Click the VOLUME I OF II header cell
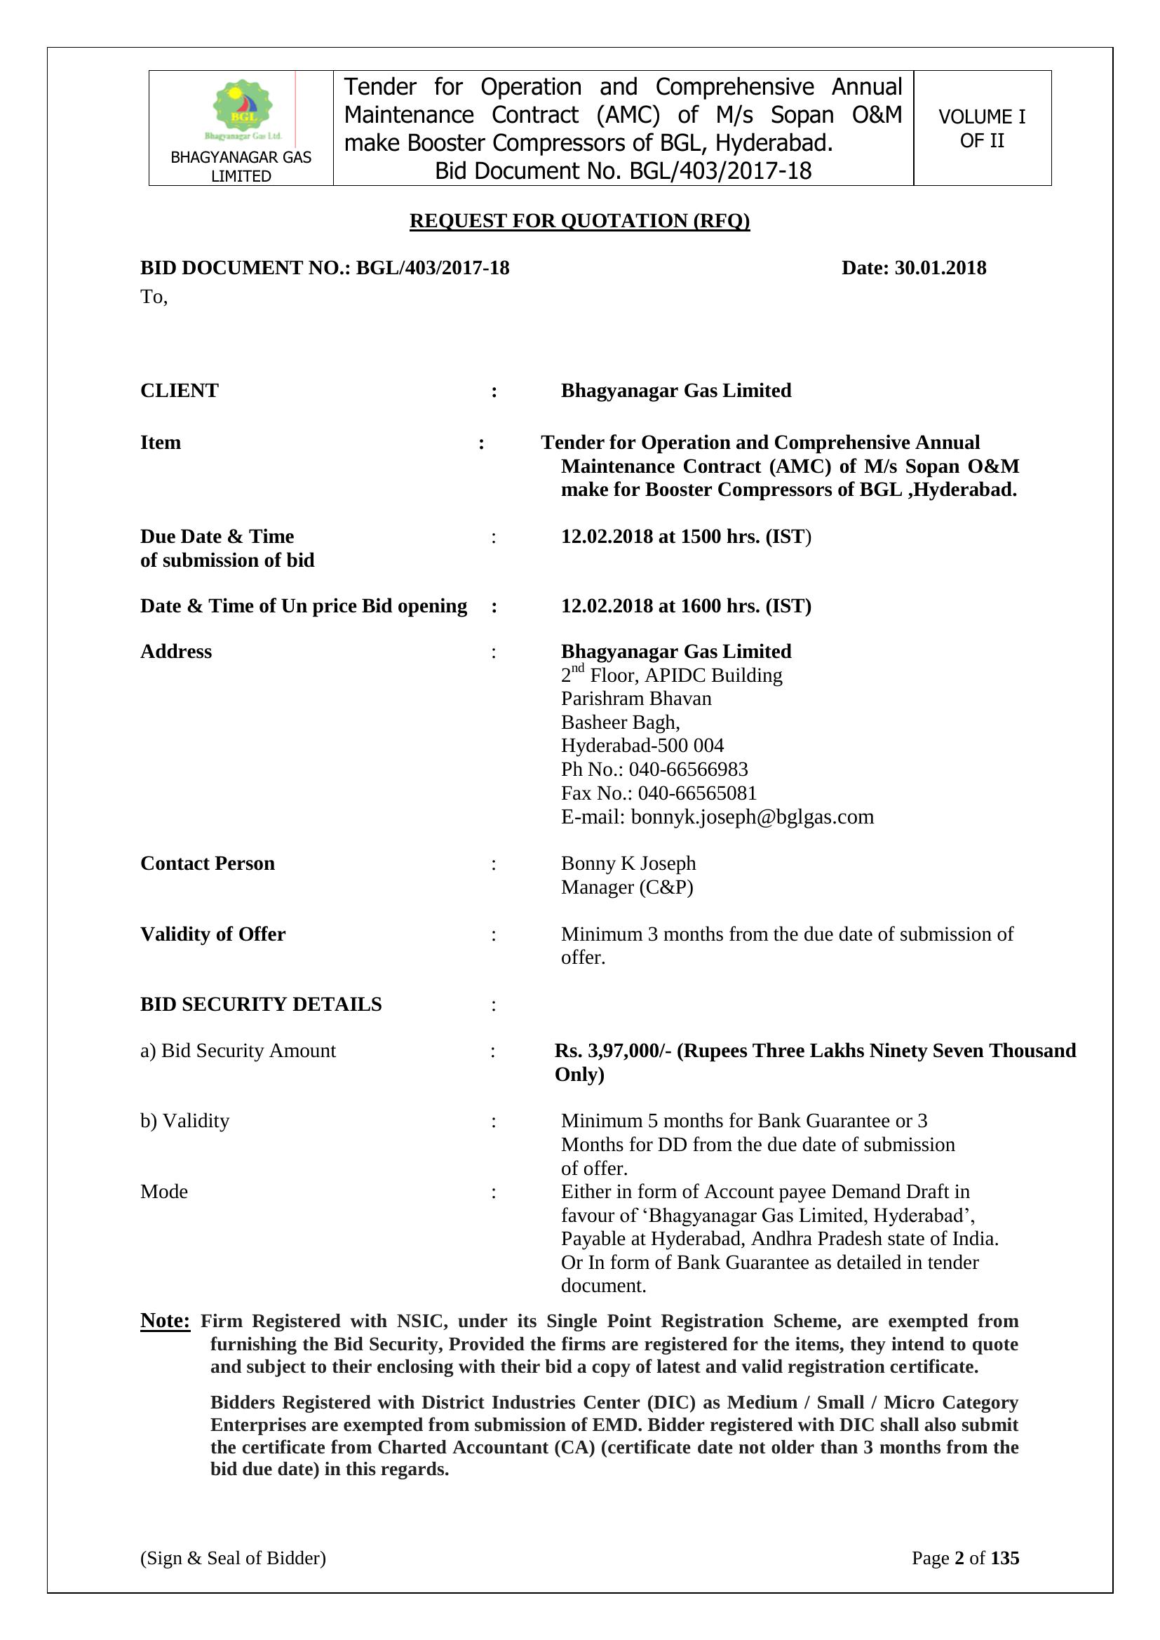(981, 128)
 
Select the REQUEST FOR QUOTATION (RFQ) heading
(579, 221)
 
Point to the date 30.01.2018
(940, 268)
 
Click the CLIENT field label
(180, 391)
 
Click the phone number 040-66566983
(688, 769)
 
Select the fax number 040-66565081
(697, 793)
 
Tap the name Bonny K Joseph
(628, 863)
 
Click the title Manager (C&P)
(627, 887)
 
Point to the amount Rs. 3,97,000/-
(613, 1051)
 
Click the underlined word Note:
(165, 1320)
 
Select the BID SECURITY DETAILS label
(261, 1004)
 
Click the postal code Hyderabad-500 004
(642, 746)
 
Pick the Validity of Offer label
(213, 934)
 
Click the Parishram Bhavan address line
(636, 698)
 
